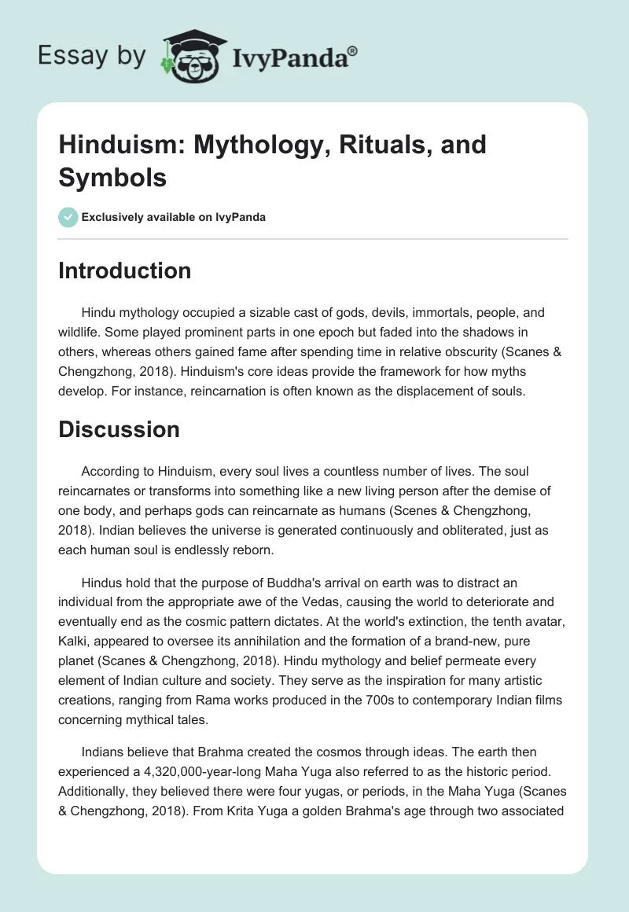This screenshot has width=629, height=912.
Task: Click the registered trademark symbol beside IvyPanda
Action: [x=353, y=51]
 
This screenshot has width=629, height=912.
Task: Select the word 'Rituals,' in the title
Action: [x=366, y=145]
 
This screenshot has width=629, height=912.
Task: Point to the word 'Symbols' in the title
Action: [x=112, y=177]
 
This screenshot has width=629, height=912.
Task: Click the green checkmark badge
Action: [x=68, y=217]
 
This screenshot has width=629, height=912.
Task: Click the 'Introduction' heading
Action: [x=125, y=270]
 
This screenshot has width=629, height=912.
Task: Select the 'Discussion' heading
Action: [x=120, y=428]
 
